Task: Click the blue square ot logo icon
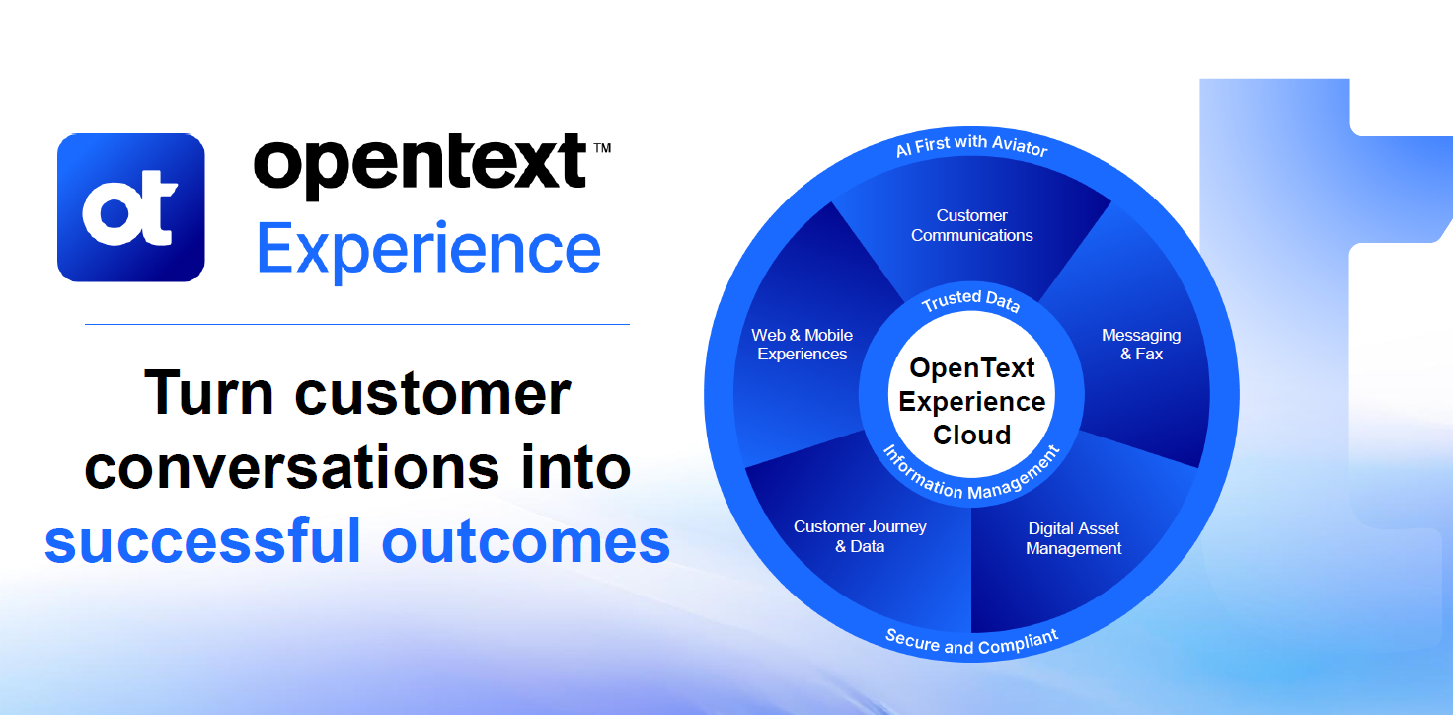[x=131, y=207]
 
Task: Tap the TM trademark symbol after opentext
[x=601, y=148]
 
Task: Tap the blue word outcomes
[x=526, y=541]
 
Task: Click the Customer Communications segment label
[x=972, y=225]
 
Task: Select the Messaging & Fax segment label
[x=1141, y=344]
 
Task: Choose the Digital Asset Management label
[x=1074, y=538]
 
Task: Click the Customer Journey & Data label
[x=860, y=536]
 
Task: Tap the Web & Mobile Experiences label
[x=803, y=344]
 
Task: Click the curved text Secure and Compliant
[x=971, y=642]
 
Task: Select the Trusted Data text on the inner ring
[x=970, y=301]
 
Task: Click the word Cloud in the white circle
[x=972, y=435]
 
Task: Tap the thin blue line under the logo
[x=356, y=323]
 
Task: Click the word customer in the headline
[x=432, y=392]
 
